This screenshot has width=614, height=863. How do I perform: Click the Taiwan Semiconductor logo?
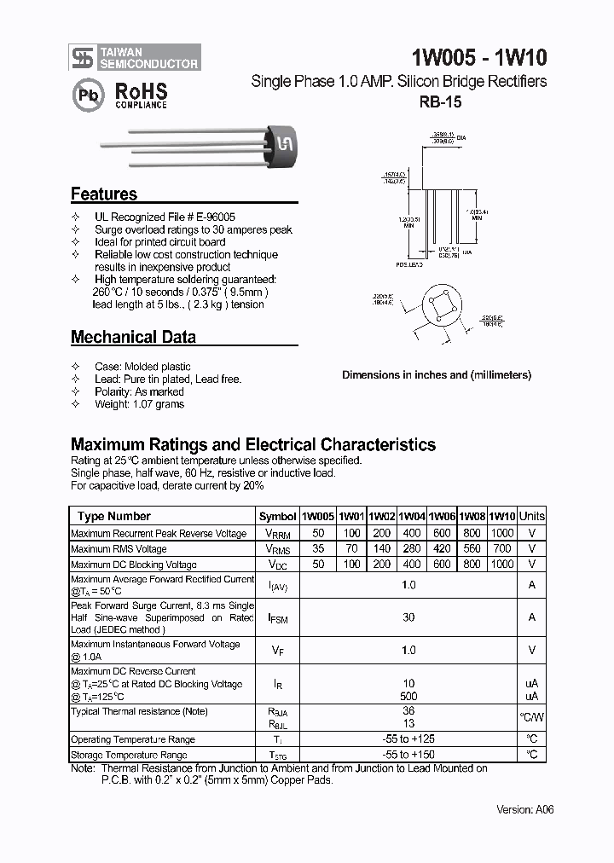point(136,57)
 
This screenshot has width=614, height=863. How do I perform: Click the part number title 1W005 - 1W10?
point(479,57)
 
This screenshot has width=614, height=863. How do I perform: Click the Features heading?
point(104,194)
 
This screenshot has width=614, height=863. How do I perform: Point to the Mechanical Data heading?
point(133,337)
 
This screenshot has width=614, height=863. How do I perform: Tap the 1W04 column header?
point(412,516)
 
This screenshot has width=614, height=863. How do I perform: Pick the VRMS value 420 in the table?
point(442,548)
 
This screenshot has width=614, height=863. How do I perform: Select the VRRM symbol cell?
point(278,533)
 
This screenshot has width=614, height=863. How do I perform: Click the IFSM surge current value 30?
point(408,617)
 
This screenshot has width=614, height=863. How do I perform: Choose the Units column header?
point(532,516)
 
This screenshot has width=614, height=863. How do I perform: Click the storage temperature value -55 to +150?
point(408,755)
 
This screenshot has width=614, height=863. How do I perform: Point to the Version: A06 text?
point(525,809)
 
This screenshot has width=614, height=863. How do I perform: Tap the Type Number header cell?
point(114,516)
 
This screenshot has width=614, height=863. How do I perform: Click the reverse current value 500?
point(408,697)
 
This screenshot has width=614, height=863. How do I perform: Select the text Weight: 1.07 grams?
point(139,404)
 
